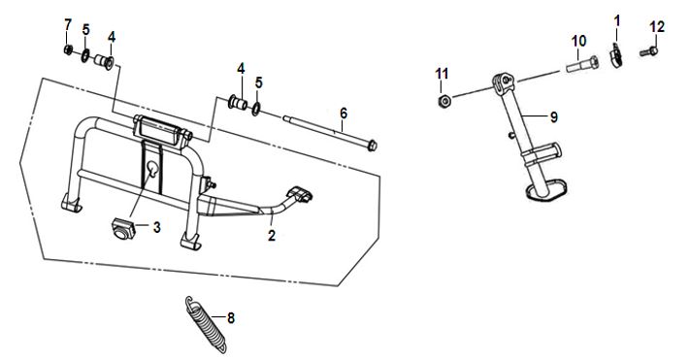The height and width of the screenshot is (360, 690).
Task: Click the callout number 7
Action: (x=68, y=24)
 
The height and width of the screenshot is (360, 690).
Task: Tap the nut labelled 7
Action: (x=68, y=49)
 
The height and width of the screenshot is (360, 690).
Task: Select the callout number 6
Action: (x=344, y=114)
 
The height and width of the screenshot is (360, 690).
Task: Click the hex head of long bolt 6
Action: (x=372, y=146)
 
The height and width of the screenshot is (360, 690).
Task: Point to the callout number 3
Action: (x=156, y=227)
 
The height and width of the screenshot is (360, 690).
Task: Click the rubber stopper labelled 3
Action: (x=121, y=228)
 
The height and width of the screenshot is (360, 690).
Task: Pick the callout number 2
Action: (x=272, y=235)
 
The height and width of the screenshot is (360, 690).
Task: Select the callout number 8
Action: (x=231, y=317)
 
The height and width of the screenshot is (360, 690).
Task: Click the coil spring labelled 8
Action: (x=206, y=324)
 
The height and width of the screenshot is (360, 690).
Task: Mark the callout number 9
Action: (x=553, y=117)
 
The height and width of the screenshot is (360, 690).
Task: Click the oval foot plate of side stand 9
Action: (x=547, y=189)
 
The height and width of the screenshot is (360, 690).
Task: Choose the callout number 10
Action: (x=579, y=41)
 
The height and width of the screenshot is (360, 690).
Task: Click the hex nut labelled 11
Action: (x=444, y=102)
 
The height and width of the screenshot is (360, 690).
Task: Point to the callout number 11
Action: (x=442, y=74)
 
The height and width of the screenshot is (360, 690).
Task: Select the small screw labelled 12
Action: (x=648, y=52)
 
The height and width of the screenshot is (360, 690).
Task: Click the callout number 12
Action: (x=657, y=27)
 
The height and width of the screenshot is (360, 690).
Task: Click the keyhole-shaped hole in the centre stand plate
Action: (x=152, y=169)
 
